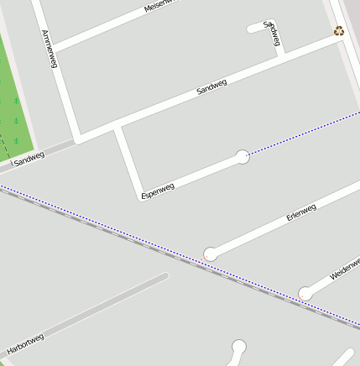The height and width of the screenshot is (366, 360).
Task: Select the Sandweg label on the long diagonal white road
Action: pyautogui.click(x=211, y=86)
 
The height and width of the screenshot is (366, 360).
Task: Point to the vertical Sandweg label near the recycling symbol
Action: pyautogui.click(x=271, y=33)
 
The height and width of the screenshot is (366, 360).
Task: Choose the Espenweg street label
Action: pyautogui.click(x=158, y=190)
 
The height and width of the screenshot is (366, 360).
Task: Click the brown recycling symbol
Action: pyautogui.click(x=338, y=31)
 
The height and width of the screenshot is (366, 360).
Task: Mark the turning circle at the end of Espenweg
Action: pyautogui.click(x=243, y=156)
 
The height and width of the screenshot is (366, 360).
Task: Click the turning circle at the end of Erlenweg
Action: pyautogui.click(x=211, y=254)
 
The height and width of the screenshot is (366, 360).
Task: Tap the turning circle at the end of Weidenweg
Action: pyautogui.click(x=305, y=294)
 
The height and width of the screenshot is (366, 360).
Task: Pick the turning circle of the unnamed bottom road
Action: pyautogui.click(x=239, y=346)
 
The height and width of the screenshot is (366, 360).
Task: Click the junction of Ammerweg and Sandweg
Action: pyautogui.click(x=78, y=137)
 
